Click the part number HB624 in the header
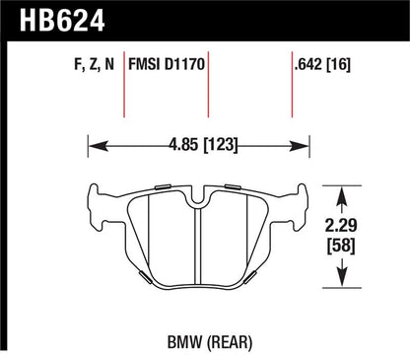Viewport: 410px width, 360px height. pos(62,20)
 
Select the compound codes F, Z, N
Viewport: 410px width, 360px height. pos(94,64)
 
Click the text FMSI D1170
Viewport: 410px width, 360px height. pos(167,64)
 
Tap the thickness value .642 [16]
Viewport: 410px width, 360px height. pos(323,64)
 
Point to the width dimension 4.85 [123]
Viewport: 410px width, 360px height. pos(203,145)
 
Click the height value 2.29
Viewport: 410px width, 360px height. pos(341,226)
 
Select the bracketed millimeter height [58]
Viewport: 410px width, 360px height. pos(341,246)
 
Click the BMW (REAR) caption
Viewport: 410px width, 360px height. pos(210,342)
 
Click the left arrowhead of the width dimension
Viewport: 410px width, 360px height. pos(99,146)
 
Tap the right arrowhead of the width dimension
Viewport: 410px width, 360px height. pos(300,146)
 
